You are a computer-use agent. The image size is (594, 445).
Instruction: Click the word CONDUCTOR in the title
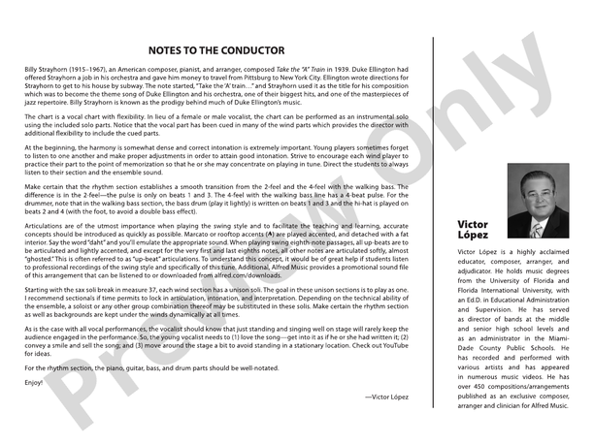253,50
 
